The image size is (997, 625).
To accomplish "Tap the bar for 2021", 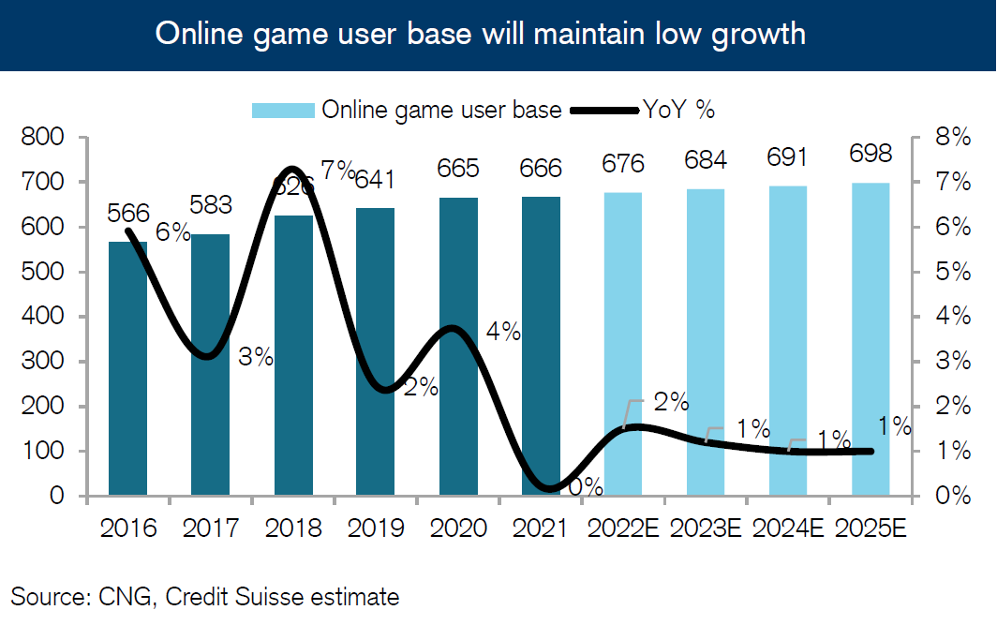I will pyautogui.click(x=541, y=346).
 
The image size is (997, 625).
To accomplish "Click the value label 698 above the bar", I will pyautogui.click(x=871, y=154).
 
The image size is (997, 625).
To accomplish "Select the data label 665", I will pyautogui.click(x=458, y=169).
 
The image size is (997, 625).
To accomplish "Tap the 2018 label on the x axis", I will pyautogui.click(x=293, y=528).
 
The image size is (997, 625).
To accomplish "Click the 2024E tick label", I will pyautogui.click(x=788, y=528).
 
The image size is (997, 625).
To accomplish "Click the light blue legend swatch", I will pyautogui.click(x=282, y=110).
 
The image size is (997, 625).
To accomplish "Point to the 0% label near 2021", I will pyautogui.click(x=586, y=486).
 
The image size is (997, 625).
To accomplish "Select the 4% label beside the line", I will pyautogui.click(x=503, y=332).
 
